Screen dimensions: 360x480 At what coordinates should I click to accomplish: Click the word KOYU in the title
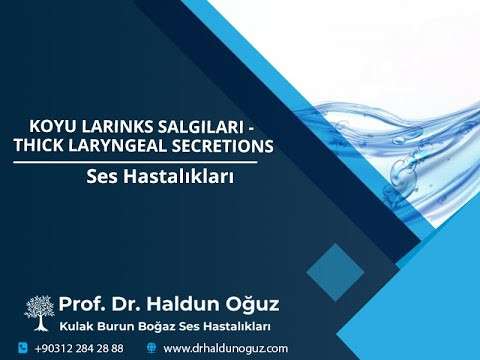point(56,127)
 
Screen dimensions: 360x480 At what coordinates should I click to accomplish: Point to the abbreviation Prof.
point(80,303)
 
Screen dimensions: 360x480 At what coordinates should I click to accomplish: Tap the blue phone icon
point(22,348)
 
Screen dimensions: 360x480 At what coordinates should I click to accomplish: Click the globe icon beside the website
point(151,348)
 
